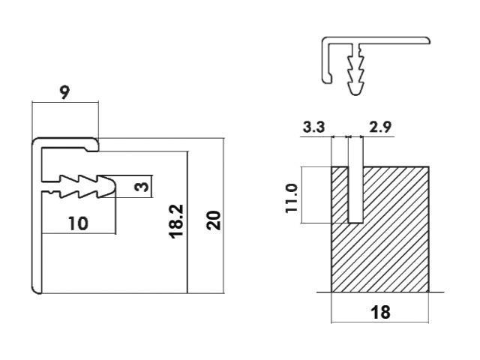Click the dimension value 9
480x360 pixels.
(64, 93)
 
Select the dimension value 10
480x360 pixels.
(76, 223)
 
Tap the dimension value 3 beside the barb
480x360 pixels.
(141, 186)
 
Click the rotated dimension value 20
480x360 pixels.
(214, 219)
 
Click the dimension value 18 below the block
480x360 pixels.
(380, 313)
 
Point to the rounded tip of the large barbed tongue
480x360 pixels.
(112, 186)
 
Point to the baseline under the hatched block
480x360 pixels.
(379, 292)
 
